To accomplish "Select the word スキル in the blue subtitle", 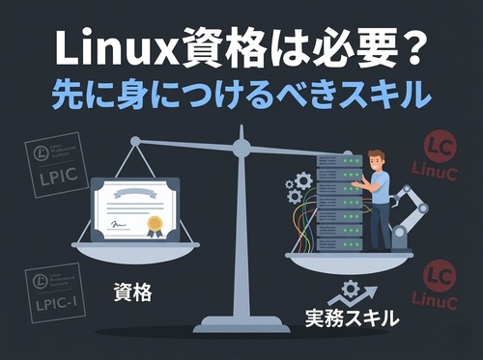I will [x=384, y=96].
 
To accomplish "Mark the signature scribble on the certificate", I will [x=119, y=226].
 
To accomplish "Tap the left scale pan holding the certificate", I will [x=135, y=249].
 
